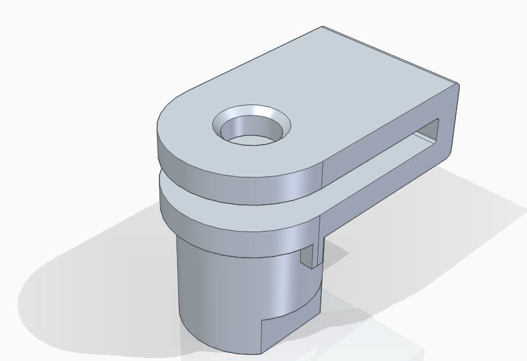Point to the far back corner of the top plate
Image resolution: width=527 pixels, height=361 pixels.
point(322,27)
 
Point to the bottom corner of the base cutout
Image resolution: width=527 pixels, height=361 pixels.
point(261,353)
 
